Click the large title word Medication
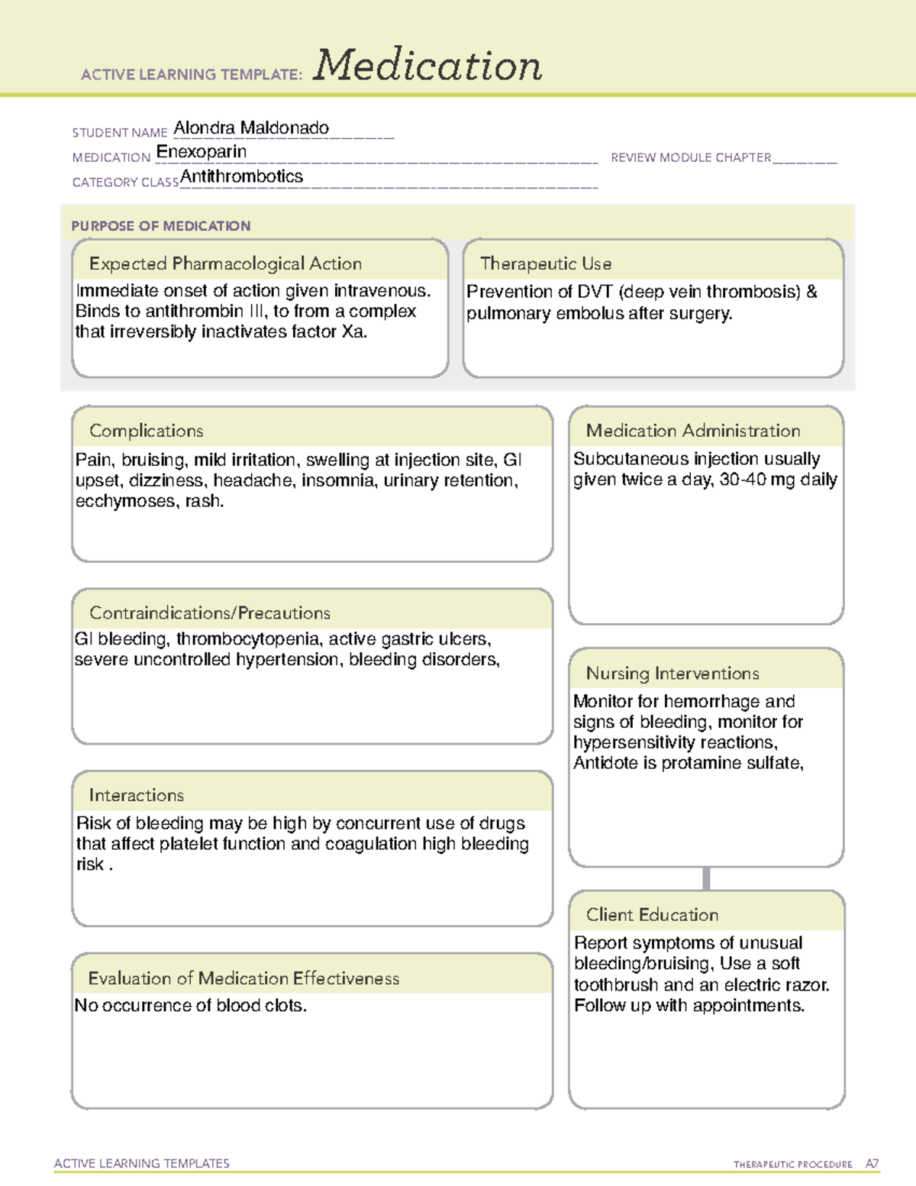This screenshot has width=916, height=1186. [427, 66]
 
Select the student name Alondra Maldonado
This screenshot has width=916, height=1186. [251, 128]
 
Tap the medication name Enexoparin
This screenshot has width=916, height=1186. [202, 152]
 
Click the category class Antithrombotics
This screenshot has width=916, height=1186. [241, 176]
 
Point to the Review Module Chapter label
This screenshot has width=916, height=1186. [691, 158]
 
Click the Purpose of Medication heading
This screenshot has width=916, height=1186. [161, 226]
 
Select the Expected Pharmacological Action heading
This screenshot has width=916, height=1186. [225, 264]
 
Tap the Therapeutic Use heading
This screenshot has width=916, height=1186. [546, 264]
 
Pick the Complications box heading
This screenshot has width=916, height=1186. [147, 431]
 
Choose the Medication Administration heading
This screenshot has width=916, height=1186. [693, 431]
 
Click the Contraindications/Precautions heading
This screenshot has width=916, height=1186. [210, 613]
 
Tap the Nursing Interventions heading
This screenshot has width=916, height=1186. [672, 674]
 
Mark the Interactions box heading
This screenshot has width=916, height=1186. [137, 796]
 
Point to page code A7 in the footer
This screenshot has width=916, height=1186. [872, 1164]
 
